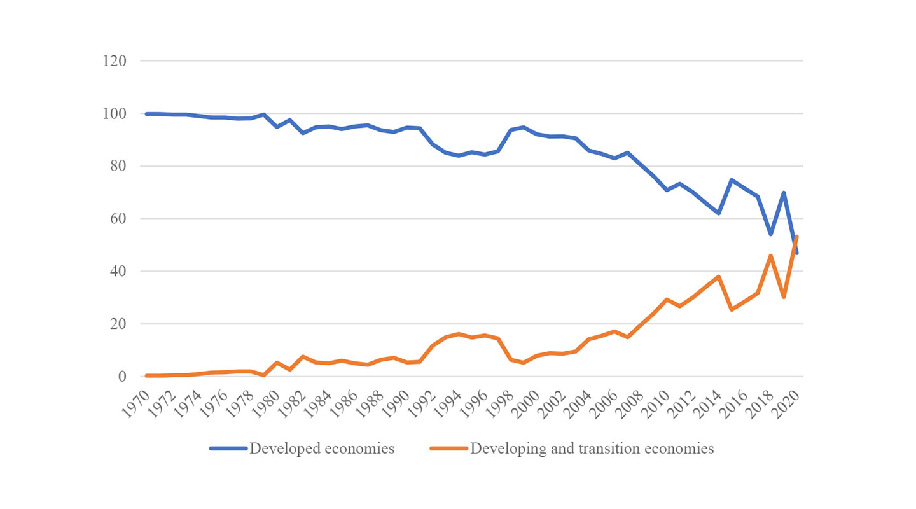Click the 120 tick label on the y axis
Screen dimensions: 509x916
point(114,61)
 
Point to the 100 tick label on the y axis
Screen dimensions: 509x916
point(114,114)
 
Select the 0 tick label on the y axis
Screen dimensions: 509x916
point(121,377)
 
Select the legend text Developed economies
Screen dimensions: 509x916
point(322,449)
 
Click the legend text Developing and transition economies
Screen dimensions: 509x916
point(592,449)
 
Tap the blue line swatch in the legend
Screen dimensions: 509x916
point(228,449)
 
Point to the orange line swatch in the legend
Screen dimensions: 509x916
point(448,449)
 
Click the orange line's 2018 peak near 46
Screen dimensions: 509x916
point(770,256)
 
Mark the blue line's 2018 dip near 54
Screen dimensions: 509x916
point(770,234)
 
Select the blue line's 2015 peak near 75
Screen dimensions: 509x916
point(732,180)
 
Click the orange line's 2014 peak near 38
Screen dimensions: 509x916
point(718,277)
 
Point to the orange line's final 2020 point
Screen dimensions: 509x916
point(796,237)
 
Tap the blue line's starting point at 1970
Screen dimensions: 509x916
point(147,114)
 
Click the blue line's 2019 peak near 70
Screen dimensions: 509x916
point(784,193)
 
